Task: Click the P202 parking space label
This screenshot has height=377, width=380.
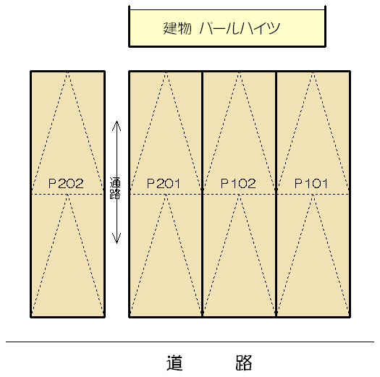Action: pos(66,183)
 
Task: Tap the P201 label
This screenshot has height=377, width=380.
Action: pos(164,183)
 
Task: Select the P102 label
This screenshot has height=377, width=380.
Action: pos(238,183)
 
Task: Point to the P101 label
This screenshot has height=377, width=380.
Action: pos(311,183)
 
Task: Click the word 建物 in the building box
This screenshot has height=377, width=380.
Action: pos(177,28)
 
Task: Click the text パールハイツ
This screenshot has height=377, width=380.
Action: pos(240,28)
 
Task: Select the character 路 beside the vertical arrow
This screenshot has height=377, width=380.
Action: pos(115,194)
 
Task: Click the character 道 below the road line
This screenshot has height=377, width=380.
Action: pos(174,363)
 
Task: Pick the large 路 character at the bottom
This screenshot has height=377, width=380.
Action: pos(244,363)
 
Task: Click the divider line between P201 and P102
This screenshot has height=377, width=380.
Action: pos(202,194)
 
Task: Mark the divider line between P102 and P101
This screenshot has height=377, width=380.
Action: pos(276,194)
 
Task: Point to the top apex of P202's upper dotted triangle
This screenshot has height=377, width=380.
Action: pos(68,72)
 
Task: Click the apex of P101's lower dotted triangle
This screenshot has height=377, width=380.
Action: pos(313,195)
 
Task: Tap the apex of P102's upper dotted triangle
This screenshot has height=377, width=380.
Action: pos(239,72)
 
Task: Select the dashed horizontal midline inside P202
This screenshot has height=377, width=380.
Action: pos(68,194)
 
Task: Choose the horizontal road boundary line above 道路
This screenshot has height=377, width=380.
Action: pos(190,342)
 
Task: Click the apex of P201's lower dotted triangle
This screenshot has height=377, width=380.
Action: pos(166,195)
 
